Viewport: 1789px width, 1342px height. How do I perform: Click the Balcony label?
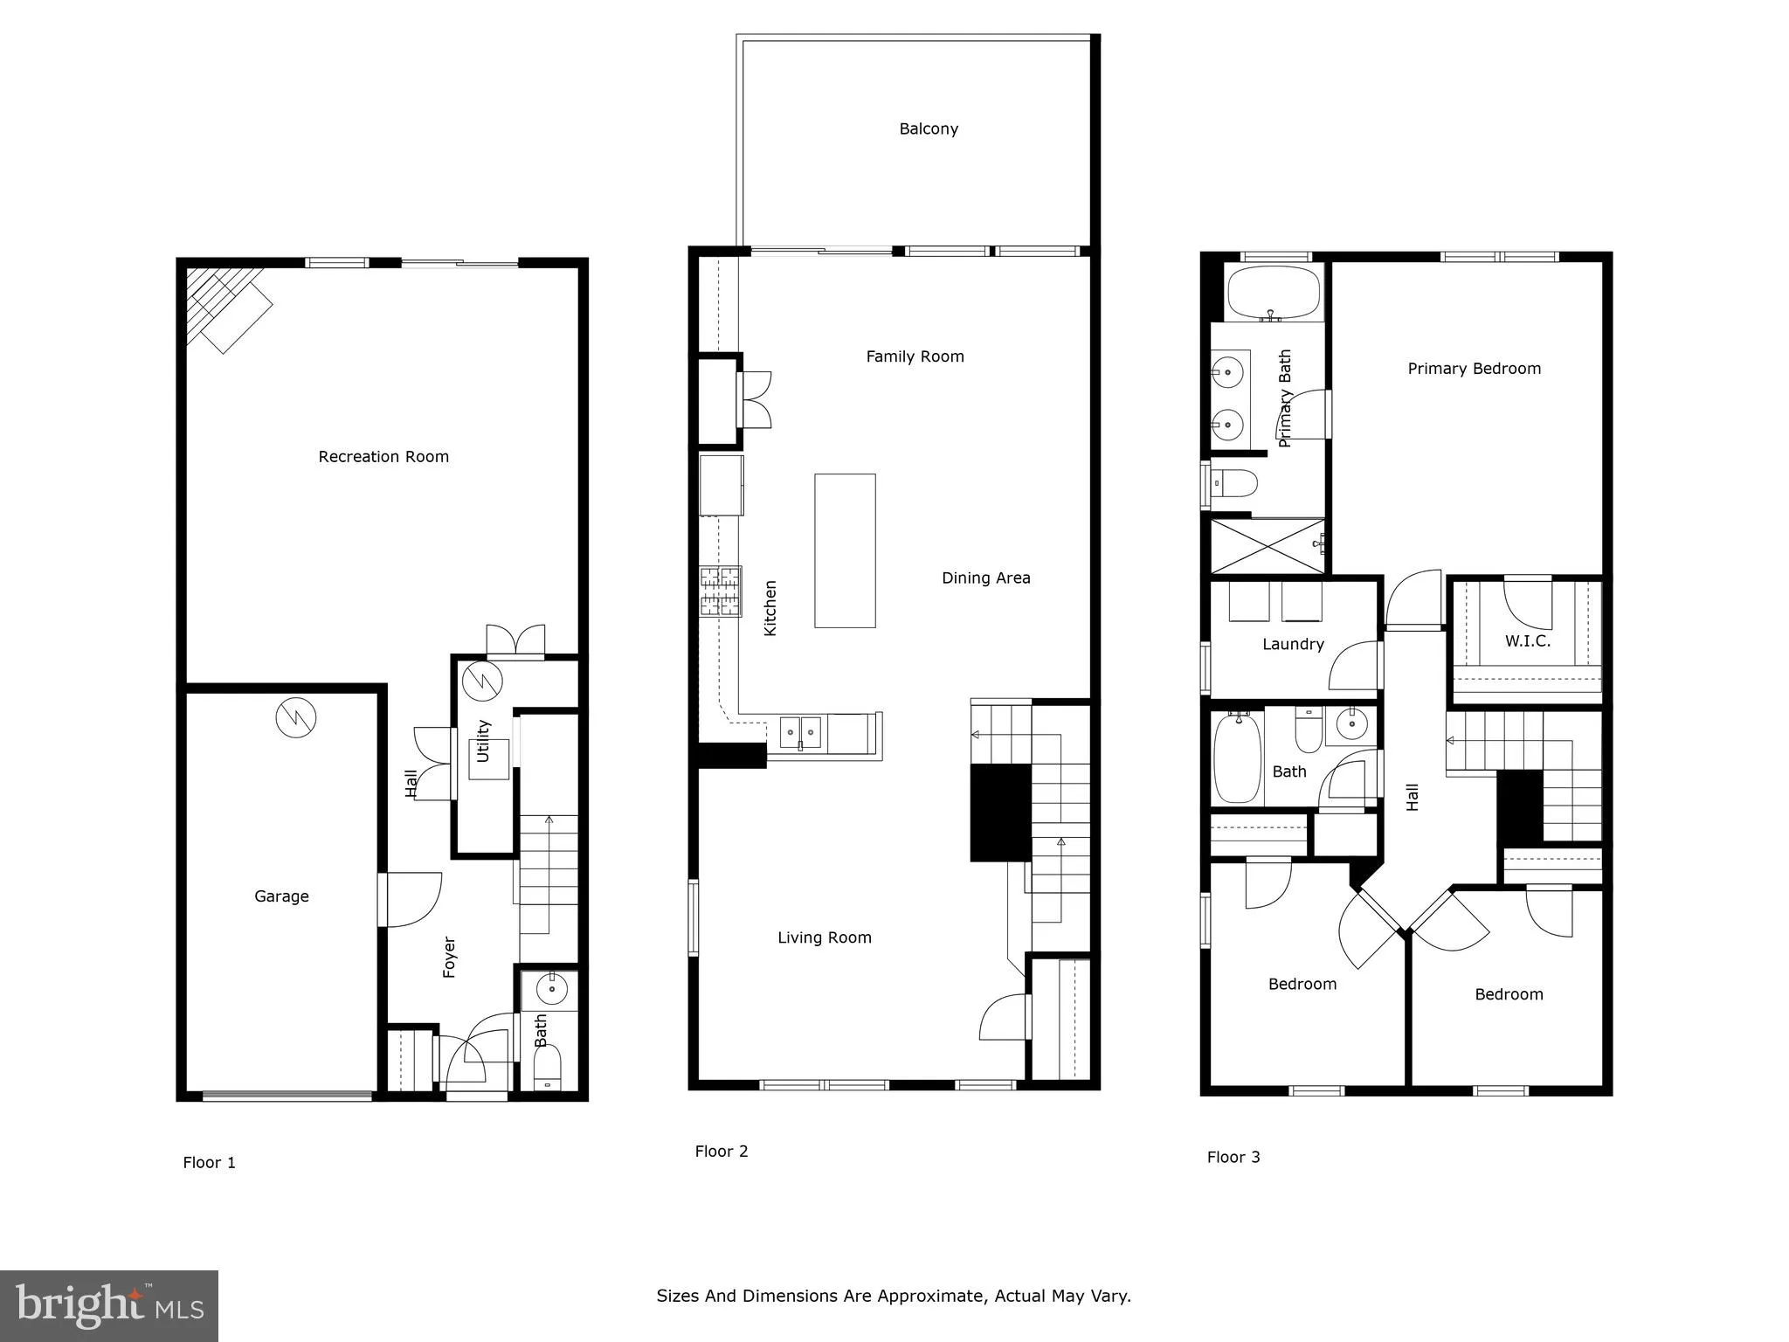[x=929, y=129]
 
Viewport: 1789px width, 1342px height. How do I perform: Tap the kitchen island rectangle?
[x=845, y=550]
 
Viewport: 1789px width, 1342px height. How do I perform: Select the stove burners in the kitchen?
[x=720, y=591]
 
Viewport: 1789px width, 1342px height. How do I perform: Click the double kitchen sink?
[x=800, y=732]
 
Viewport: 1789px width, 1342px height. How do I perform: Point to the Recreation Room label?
[x=383, y=457]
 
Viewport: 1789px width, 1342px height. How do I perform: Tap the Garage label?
[x=281, y=896]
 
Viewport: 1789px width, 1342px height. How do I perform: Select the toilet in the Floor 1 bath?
[x=547, y=1068]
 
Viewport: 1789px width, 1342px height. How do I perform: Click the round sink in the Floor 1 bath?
[x=551, y=991]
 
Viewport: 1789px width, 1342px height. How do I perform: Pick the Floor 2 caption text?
[x=722, y=1152]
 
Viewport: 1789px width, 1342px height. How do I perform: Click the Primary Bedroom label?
[x=1474, y=369]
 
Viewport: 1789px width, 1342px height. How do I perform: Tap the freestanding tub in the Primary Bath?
[x=1274, y=293]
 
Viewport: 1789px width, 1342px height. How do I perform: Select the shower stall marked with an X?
[x=1267, y=546]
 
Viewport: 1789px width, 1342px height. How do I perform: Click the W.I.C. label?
[x=1528, y=641]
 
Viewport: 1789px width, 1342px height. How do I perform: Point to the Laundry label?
[x=1293, y=645]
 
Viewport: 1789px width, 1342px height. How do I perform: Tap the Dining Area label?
[x=985, y=578]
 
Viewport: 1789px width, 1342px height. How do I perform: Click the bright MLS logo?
[x=109, y=1306]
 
